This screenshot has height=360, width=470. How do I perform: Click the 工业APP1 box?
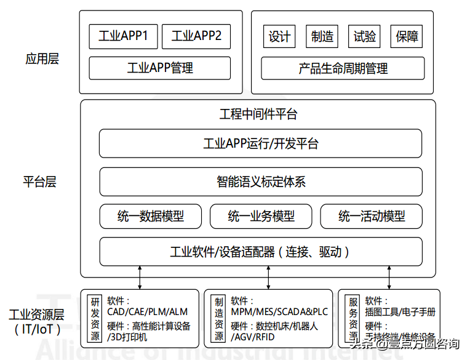pyautogui.click(x=124, y=36)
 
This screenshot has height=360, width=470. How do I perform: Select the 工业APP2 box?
pyautogui.click(x=196, y=36)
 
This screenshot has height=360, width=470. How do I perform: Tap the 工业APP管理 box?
pyautogui.click(x=160, y=68)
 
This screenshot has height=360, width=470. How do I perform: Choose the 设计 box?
pyautogui.click(x=279, y=36)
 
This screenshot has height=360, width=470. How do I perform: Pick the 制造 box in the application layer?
pyautogui.click(x=322, y=36)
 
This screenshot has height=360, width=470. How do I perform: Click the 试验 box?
pyautogui.click(x=364, y=36)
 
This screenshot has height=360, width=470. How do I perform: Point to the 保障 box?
pyautogui.click(x=407, y=36)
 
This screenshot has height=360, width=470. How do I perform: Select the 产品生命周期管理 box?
pyautogui.click(x=343, y=68)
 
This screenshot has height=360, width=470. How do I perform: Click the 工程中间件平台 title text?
pyautogui.click(x=258, y=114)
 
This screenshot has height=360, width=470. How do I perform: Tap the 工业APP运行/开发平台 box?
pyautogui.click(x=261, y=144)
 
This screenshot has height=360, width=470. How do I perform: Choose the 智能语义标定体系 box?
pyautogui.click(x=261, y=182)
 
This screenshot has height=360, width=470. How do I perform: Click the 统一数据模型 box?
pyautogui.click(x=151, y=217)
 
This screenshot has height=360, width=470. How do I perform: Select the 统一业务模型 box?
pyautogui.click(x=261, y=217)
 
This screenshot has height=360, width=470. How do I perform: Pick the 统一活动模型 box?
pyautogui.click(x=371, y=217)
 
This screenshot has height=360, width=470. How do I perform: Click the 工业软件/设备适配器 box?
pyautogui.click(x=261, y=252)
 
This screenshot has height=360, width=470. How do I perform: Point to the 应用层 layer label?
pyautogui.click(x=42, y=59)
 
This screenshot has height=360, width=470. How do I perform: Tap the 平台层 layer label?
pyautogui.click(x=40, y=182)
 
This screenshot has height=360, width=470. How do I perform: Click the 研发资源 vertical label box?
pyautogui.click(x=95, y=319)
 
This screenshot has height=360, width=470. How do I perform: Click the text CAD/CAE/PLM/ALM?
pyautogui.click(x=147, y=312)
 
